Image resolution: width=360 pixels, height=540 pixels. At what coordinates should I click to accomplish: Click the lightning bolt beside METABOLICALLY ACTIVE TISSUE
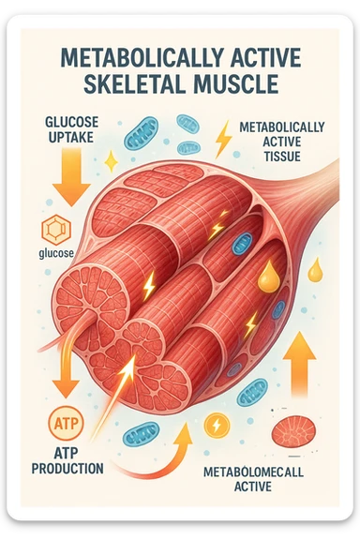[222, 141]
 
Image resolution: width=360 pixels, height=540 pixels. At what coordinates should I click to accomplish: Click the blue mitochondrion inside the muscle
[241, 243]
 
